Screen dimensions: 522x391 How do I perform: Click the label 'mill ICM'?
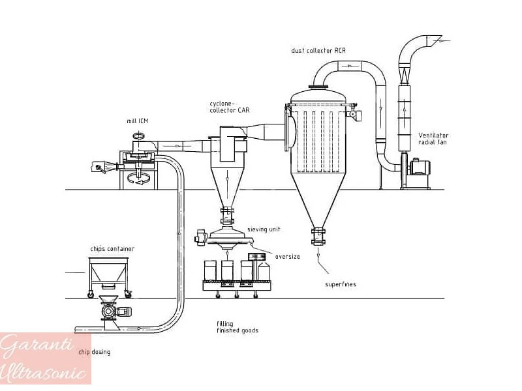click(137, 121)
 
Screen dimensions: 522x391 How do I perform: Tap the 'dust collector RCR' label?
click(318, 51)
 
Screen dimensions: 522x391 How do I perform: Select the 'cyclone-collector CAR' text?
click(230, 107)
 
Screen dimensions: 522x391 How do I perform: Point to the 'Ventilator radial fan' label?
click(433, 139)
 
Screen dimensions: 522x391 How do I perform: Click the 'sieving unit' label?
click(264, 229)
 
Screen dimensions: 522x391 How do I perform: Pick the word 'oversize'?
click(287, 257)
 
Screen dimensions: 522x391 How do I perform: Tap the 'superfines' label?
click(341, 284)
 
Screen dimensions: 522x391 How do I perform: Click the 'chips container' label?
click(112, 249)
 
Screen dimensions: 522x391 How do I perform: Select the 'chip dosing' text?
click(94, 352)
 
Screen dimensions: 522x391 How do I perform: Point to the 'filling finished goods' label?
click(238, 327)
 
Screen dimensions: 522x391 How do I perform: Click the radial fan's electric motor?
click(420, 167)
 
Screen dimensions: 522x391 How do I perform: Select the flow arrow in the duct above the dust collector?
click(349, 66)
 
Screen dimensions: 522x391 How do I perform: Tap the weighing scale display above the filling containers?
click(257, 257)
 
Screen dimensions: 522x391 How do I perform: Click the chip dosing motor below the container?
click(117, 311)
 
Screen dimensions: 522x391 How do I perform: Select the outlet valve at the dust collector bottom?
click(318, 237)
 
